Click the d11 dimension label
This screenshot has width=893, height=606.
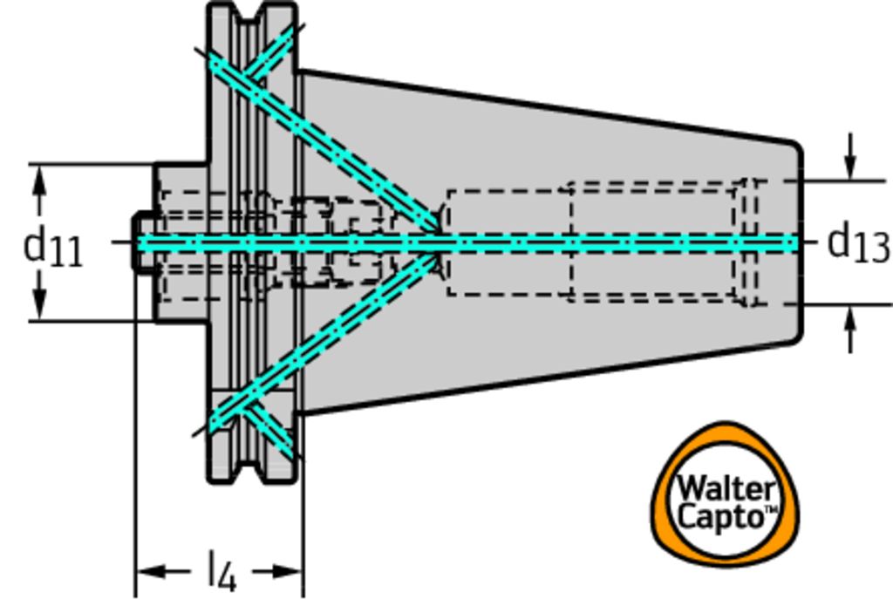[52, 247]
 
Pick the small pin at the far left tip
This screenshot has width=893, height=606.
[140, 242]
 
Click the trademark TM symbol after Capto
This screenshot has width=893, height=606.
[771, 509]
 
